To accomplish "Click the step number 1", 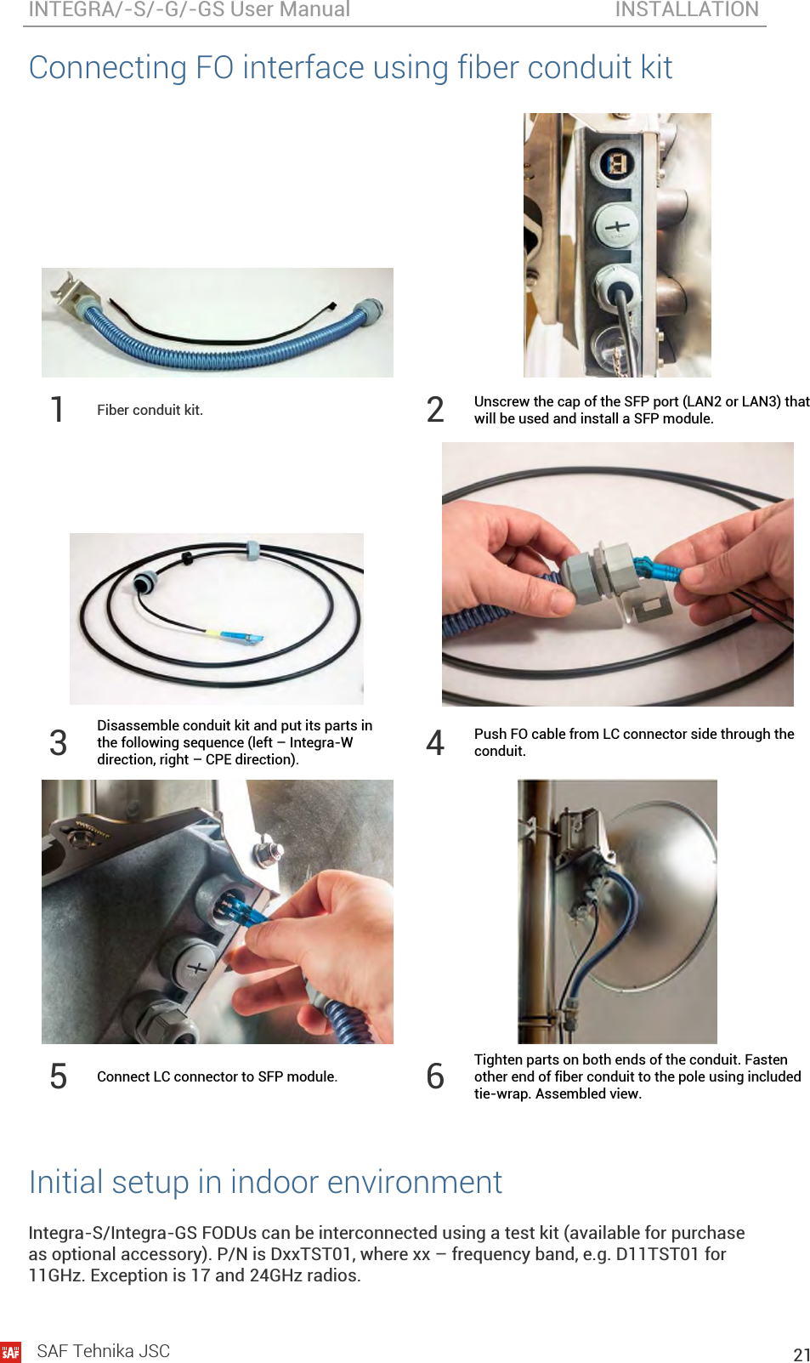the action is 57,409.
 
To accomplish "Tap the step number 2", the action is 435,409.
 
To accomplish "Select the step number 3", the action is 58,742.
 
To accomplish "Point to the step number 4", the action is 435,742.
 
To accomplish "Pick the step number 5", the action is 58,1076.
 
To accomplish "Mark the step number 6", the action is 435,1076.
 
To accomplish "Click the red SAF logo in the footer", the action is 10,1352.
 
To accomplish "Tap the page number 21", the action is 802,1354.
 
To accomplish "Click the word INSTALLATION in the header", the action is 687,9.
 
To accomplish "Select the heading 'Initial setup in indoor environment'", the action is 266,1182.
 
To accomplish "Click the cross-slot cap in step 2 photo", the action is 615,226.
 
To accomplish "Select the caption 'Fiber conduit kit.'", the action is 150,410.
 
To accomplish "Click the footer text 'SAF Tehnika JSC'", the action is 104,1351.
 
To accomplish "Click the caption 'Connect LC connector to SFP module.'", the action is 217,1076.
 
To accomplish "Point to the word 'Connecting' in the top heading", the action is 108,67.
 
